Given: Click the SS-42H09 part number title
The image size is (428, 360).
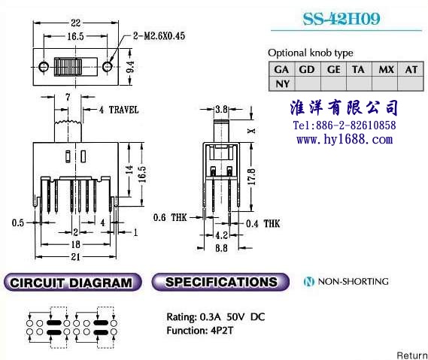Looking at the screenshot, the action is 341,19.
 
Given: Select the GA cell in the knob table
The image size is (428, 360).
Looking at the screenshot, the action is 281,70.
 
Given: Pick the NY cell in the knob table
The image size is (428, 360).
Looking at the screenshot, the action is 282,83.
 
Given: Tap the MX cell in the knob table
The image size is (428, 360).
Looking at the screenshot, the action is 386,70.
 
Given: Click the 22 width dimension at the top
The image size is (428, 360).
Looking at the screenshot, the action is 76,23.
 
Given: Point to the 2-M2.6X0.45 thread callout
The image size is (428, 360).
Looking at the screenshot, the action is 159,36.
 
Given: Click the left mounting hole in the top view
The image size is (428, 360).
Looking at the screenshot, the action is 44,67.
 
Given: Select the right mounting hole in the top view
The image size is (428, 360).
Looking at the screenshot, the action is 108,67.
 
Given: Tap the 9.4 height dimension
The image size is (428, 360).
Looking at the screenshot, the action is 130,67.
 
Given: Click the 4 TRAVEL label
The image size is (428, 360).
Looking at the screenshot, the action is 119,110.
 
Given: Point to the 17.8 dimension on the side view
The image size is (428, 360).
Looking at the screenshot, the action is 251,177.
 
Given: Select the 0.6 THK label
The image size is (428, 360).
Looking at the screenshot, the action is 170,217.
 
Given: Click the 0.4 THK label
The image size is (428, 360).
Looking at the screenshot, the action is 263,224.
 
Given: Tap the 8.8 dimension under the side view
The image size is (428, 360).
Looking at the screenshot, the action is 221,248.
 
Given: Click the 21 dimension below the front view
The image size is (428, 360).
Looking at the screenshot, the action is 76,256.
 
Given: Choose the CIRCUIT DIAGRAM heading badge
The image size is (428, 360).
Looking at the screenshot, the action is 73,282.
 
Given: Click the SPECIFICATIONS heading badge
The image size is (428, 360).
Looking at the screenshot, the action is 220,282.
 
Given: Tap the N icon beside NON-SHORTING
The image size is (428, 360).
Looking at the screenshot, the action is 309,281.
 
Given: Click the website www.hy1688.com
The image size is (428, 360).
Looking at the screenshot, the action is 345,139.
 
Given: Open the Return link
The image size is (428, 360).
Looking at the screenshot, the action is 412,355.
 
